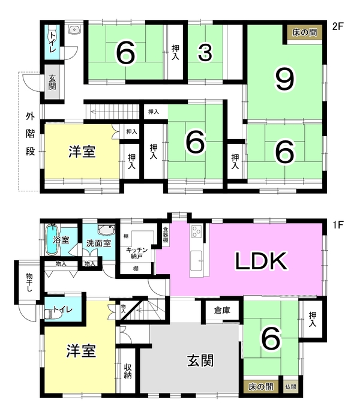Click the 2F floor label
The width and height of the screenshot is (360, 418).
tap(338, 26)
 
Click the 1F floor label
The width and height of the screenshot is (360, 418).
tap(338, 225)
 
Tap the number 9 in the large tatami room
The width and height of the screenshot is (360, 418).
tap(285, 79)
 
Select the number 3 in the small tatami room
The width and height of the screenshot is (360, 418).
tap(205, 53)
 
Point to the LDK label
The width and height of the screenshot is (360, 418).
tap(262, 261)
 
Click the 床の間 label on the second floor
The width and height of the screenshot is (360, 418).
tap(305, 32)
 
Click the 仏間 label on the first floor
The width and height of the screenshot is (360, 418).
tap(290, 386)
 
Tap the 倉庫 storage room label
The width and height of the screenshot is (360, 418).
tap(222, 310)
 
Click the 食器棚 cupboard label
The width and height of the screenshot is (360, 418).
tap(166, 234)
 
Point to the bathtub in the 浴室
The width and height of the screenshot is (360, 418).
tap(52, 239)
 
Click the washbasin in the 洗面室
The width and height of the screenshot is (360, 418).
tap(106, 230)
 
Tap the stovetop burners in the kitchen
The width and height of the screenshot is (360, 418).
tap(197, 231)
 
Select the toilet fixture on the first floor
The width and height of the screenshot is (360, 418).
tap(53, 314)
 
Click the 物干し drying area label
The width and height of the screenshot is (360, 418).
tap(29, 282)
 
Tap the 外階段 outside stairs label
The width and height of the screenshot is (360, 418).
tap(30, 134)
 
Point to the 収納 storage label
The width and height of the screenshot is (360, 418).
tap(128, 371)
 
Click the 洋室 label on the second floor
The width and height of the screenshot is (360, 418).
tap(82, 152)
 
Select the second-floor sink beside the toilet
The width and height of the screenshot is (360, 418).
tap(74, 29)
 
